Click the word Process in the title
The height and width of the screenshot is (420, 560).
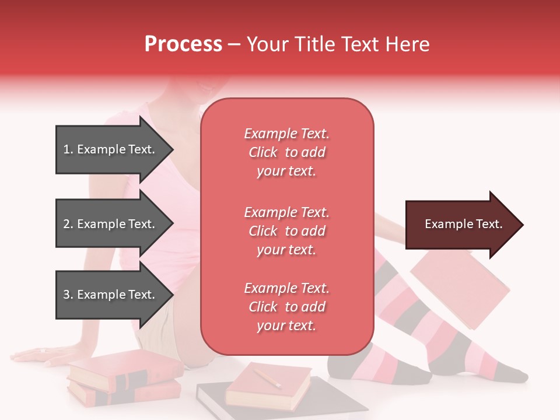click(183, 44)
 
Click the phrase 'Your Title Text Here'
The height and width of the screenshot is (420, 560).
click(338, 44)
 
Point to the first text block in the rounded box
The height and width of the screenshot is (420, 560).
click(286, 152)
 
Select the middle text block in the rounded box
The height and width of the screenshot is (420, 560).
click(286, 231)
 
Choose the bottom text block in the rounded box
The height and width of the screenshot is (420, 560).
click(286, 307)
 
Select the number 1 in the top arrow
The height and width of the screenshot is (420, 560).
click(66, 150)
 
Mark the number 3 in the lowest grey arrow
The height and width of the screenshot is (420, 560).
click(66, 295)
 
